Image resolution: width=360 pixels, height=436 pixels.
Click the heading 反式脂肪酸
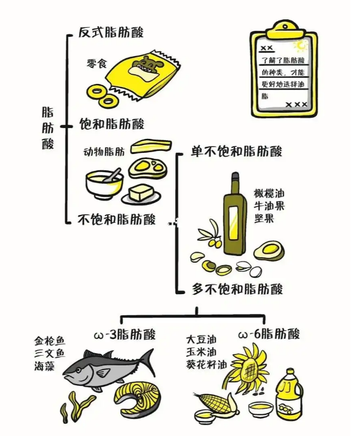click(111, 32)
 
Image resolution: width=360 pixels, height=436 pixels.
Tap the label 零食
click(97, 63)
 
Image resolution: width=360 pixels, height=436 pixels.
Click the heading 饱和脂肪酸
click(112, 124)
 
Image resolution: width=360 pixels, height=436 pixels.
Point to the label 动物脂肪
click(104, 152)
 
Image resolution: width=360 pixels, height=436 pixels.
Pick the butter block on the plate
click(141, 193)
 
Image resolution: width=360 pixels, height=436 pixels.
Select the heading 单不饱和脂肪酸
click(236, 151)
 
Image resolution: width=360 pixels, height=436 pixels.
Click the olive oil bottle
click(235, 214)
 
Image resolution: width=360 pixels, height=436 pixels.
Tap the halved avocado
click(269, 250)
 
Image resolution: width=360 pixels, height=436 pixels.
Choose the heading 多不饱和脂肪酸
click(237, 289)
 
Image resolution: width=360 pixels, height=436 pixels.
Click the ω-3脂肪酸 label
click(125, 334)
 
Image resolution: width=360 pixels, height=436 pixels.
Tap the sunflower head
click(249, 368)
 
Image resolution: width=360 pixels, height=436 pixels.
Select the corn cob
click(217, 403)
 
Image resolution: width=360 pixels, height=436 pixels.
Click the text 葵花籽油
click(207, 365)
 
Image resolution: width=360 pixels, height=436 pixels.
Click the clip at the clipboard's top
click(284, 30)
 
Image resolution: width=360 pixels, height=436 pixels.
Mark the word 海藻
click(45, 366)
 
